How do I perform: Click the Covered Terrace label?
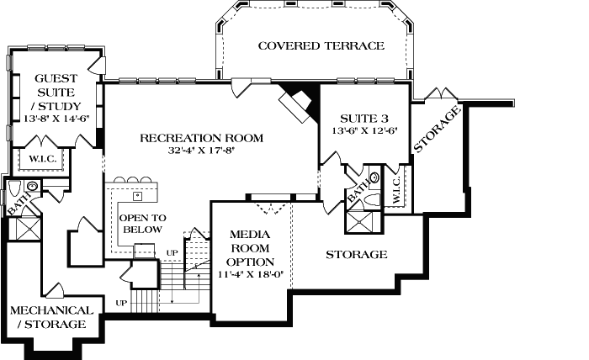point(321,46)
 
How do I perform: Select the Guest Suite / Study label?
point(55,92)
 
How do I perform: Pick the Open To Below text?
point(143,223)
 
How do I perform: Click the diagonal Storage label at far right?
point(437,131)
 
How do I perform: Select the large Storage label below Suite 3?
point(356,254)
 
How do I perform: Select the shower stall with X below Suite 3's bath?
point(362,221)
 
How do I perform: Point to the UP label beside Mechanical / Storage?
point(121,303)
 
